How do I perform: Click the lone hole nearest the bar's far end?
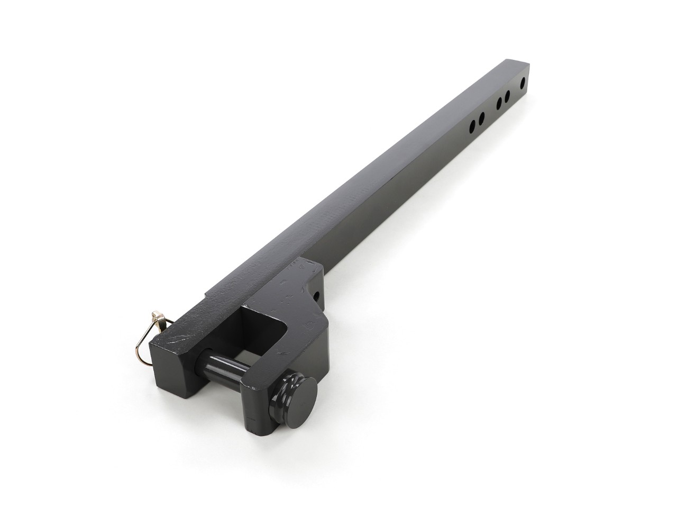(523, 83)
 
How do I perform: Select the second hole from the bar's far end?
(507, 96)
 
